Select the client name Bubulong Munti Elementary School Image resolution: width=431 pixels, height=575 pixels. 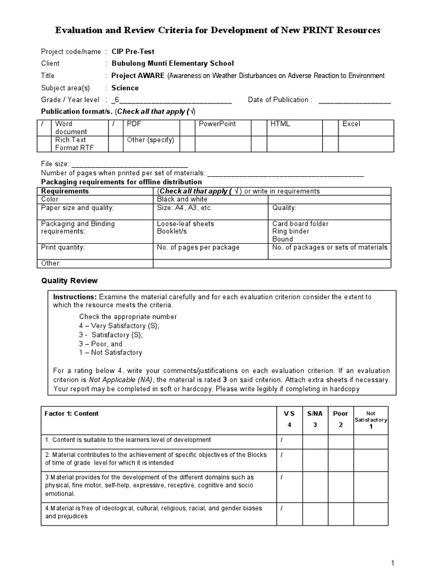(x=172, y=63)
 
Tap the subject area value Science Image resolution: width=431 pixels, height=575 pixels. (x=125, y=88)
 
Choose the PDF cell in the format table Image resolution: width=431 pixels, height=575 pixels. (x=134, y=124)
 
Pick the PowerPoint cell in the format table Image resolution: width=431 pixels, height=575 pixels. (x=217, y=124)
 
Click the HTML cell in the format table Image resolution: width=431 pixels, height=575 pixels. (x=280, y=124)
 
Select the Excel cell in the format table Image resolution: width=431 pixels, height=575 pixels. (x=351, y=124)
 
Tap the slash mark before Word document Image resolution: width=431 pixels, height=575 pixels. (x=43, y=124)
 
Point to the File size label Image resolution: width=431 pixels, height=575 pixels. (x=54, y=163)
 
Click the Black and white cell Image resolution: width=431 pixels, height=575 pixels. (x=182, y=199)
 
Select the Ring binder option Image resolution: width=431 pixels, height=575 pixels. (x=290, y=231)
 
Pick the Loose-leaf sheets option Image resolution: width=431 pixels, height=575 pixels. (x=185, y=223)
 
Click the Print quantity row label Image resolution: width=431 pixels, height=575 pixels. (x=63, y=247)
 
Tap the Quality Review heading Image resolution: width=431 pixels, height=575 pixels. (x=70, y=281)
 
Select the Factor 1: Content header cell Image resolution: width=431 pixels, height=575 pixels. (x=71, y=414)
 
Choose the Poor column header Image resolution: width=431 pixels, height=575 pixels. (x=340, y=414)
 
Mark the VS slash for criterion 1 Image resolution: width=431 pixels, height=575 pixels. (x=281, y=440)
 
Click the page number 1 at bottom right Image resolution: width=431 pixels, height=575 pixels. (x=393, y=563)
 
